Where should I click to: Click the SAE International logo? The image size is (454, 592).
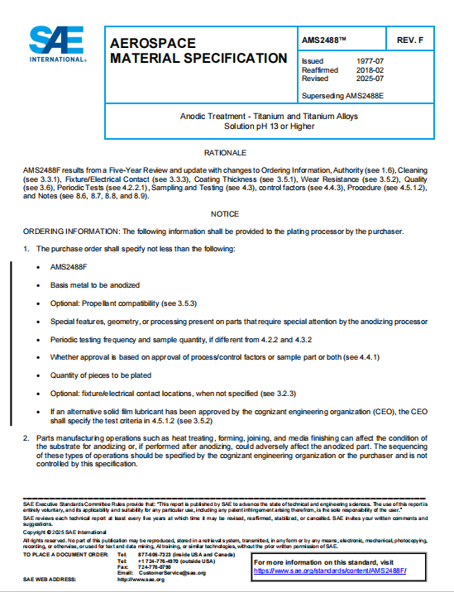[55, 45]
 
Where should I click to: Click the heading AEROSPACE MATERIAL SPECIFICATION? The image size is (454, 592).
[198, 50]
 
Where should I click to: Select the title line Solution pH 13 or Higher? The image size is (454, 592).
[271, 127]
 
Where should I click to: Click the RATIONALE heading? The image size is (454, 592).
[226, 154]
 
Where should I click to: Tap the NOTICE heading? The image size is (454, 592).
[226, 214]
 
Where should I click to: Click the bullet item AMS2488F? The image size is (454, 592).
[69, 267]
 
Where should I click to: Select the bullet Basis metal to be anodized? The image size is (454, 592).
[95, 284]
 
